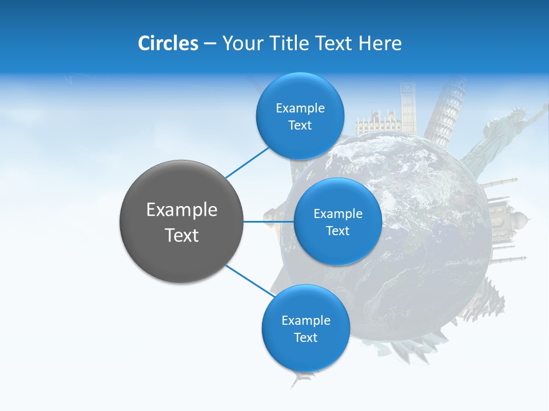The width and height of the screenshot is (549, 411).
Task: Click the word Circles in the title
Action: (168, 43)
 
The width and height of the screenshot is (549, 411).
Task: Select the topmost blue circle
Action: (300, 116)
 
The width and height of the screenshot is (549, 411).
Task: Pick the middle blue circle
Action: (337, 221)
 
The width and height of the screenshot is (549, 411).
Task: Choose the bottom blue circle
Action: (305, 328)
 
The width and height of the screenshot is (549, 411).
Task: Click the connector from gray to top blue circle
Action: (247, 162)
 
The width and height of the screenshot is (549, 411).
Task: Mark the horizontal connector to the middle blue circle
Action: (269, 221)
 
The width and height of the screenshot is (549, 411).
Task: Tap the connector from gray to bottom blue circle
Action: (250, 281)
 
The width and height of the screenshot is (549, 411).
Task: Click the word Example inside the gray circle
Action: (182, 210)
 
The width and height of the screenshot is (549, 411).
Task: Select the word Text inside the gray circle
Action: (182, 235)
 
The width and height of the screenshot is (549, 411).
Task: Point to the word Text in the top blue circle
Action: (300, 126)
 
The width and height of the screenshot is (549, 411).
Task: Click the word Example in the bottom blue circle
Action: (305, 320)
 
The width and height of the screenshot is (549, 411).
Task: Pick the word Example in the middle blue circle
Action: (337, 213)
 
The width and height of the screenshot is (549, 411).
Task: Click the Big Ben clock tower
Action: (408, 106)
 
